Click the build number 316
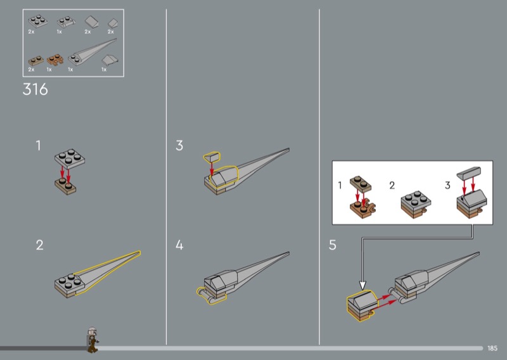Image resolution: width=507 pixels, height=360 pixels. point(35,89)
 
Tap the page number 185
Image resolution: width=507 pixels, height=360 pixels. point(492,349)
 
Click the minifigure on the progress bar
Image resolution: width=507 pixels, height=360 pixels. point(93,340)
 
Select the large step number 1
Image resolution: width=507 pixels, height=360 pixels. point(39,146)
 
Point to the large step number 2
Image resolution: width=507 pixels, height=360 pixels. point(39,245)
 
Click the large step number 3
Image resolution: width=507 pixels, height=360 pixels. point(179,146)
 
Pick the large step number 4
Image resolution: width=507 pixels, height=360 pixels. point(179,245)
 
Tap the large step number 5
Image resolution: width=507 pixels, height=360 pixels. point(332,245)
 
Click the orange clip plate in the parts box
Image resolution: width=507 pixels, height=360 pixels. point(55,60)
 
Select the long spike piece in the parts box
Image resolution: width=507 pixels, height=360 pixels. point(92,52)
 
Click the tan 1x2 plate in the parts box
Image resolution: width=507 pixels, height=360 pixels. point(36,61)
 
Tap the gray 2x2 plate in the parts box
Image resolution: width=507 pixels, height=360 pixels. point(38,22)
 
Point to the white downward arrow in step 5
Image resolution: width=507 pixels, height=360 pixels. point(363,285)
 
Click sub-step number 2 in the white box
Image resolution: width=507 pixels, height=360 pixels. point(392,185)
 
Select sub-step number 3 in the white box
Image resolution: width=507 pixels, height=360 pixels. point(447,185)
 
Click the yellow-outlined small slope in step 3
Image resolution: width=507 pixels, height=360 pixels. point(212,157)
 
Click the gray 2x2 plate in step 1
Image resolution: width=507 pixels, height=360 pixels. point(70,159)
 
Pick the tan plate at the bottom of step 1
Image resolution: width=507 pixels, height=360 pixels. point(66,186)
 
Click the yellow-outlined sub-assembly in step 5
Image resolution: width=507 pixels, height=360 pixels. point(362,305)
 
